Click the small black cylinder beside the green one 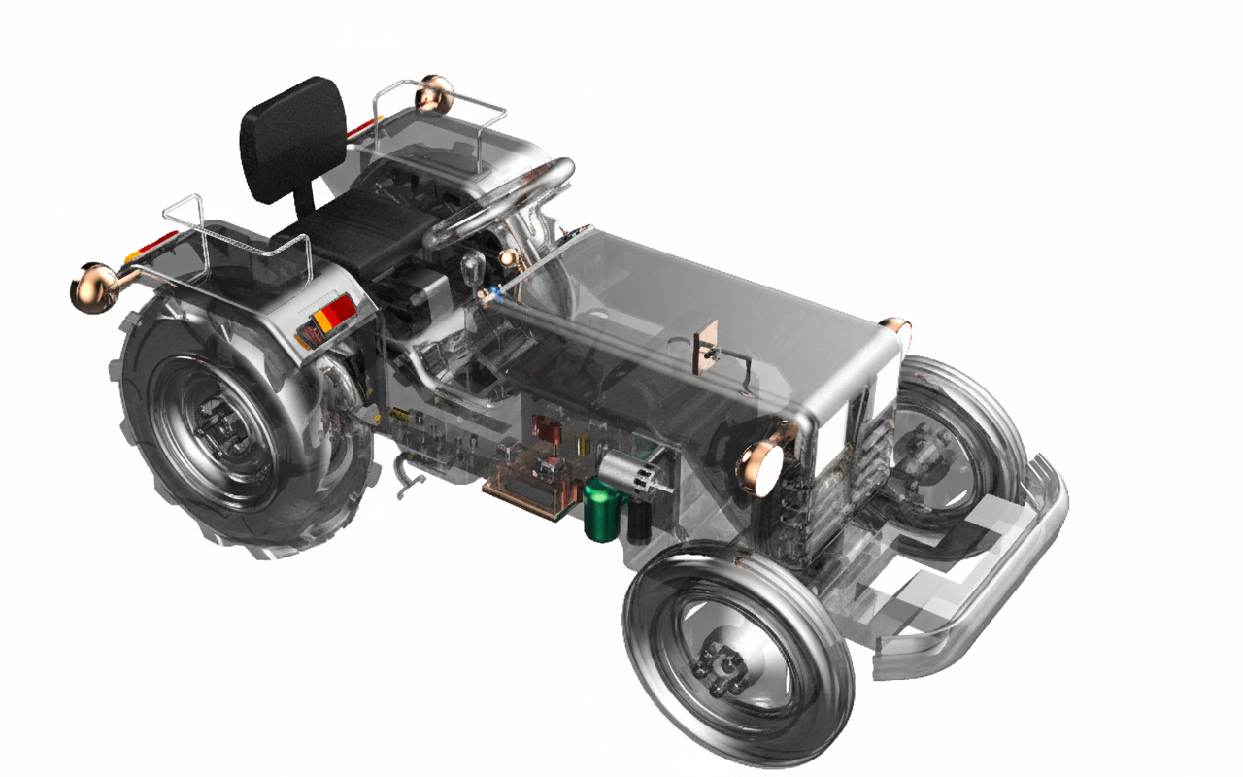point(640,519)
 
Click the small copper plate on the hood point(705,346)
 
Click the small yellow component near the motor point(583,445)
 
